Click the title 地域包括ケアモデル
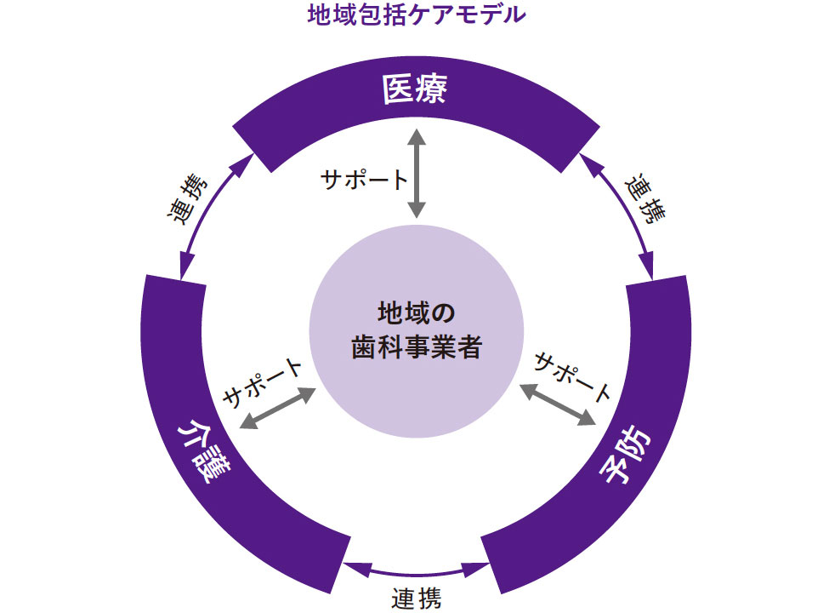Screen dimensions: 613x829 point(415,14)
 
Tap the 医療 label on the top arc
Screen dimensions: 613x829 point(415,89)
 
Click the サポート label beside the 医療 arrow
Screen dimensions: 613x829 point(364,180)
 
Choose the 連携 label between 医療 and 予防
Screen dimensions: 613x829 point(644,199)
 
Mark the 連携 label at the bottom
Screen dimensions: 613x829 point(417,599)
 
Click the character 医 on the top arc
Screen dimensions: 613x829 point(398,89)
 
